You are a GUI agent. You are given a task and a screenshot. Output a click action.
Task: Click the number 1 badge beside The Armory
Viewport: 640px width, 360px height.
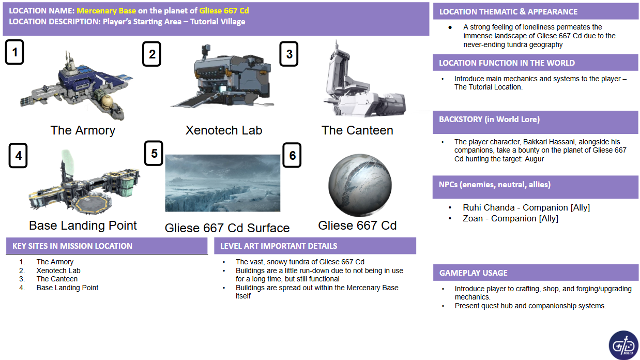[x=14, y=52]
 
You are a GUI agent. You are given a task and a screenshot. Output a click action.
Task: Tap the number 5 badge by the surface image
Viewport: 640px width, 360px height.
[x=154, y=153]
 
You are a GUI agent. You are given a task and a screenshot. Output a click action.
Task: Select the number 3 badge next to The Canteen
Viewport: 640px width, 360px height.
[x=289, y=54]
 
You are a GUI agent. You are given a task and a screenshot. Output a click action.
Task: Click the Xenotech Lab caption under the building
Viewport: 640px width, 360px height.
[x=224, y=130]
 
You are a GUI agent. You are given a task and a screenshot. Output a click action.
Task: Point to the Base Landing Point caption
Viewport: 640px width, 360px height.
[x=83, y=226]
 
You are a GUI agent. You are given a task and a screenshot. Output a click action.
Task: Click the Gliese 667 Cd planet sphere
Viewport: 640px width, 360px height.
[x=360, y=185]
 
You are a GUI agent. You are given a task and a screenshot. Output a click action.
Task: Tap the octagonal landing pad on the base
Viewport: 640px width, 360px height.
[x=91, y=204]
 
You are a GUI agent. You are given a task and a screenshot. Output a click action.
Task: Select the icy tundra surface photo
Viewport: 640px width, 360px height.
[x=223, y=183]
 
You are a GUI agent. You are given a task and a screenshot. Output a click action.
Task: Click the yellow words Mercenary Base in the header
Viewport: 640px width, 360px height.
[x=106, y=11]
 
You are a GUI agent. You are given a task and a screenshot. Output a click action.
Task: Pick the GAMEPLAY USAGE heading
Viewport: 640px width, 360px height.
[x=473, y=273]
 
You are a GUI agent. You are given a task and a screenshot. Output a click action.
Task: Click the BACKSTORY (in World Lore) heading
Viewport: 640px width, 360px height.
[x=489, y=119]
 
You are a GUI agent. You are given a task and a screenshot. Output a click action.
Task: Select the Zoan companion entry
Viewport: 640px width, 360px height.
[x=510, y=219]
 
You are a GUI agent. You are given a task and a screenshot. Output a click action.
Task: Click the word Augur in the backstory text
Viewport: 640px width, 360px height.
[x=535, y=159]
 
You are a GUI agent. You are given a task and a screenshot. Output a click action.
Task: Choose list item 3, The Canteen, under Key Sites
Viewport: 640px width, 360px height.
[x=57, y=279]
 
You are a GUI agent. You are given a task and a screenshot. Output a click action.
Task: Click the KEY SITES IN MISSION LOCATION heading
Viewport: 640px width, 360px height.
[x=72, y=246]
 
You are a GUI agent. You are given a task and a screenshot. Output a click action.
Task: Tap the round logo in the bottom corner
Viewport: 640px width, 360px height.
[x=623, y=345]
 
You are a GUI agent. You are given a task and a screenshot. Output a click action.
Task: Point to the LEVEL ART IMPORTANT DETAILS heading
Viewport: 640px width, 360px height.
[x=279, y=246]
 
